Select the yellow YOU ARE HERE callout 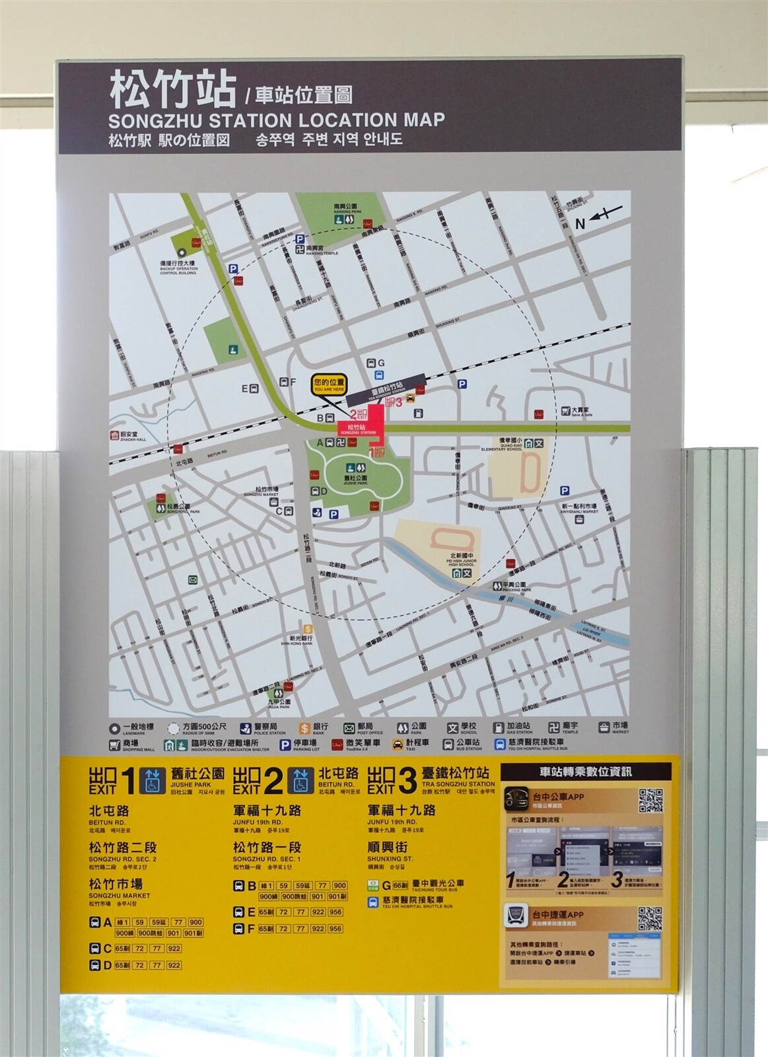[329, 384]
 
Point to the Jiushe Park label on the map [356, 478]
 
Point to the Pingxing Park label [513, 586]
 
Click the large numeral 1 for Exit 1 [129, 782]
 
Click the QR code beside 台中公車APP [650, 801]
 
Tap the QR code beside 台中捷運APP [650, 918]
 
